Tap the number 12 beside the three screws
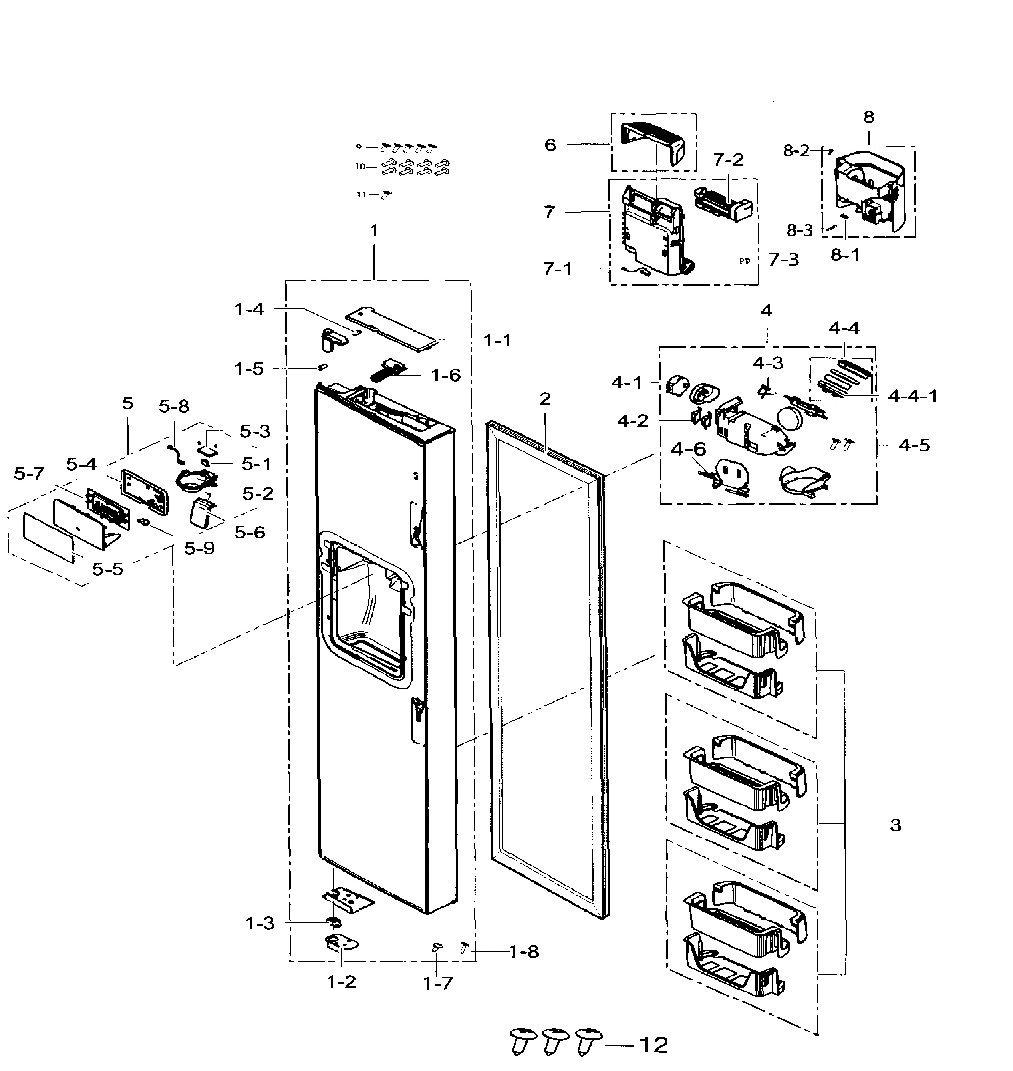click(653, 1045)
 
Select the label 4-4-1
click(913, 396)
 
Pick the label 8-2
click(796, 151)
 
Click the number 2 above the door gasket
click(545, 399)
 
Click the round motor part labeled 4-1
click(677, 385)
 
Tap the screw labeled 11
click(387, 195)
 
